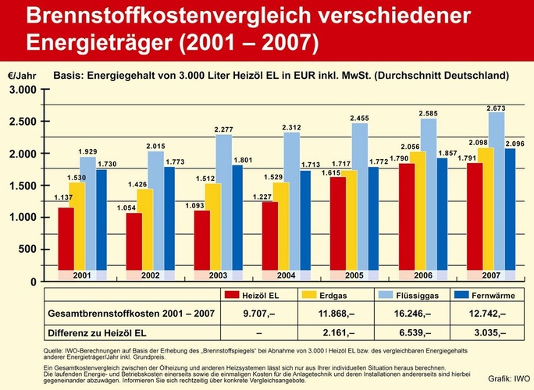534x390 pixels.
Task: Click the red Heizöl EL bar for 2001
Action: [66, 239]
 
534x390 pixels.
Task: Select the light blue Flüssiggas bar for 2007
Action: [497, 195]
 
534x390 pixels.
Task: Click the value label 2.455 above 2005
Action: [360, 118]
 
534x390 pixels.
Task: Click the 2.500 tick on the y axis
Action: [23, 122]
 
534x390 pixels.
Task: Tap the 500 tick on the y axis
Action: [27, 249]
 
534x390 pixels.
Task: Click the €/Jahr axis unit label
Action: [22, 76]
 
